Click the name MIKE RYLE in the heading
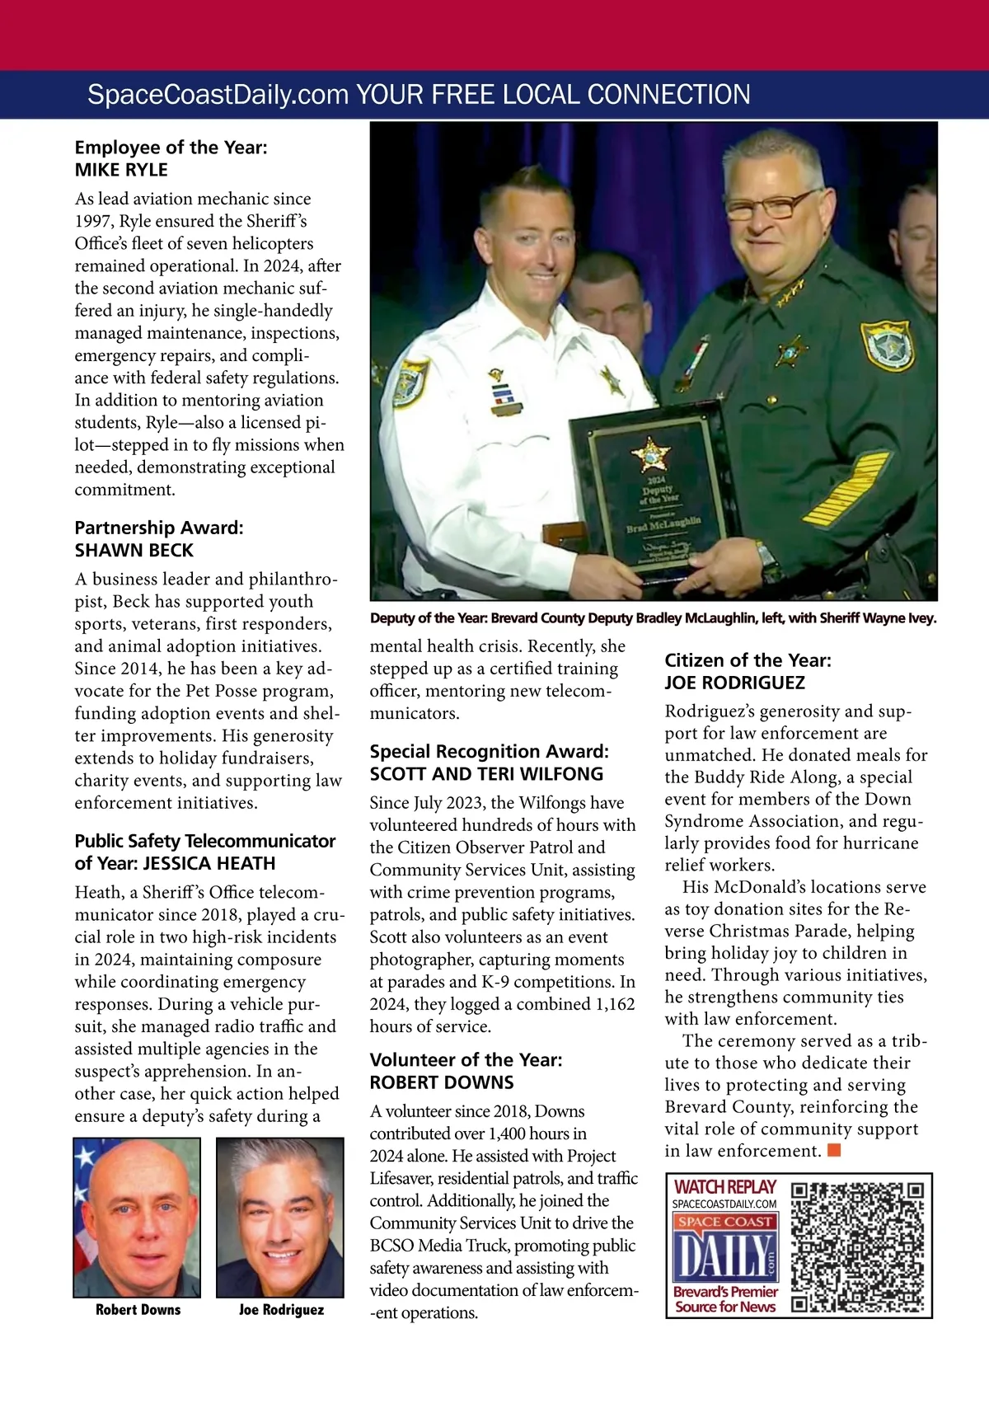tap(121, 170)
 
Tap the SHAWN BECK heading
tap(134, 550)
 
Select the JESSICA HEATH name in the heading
tap(209, 863)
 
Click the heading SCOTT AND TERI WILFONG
tap(486, 773)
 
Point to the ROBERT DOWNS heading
tap(442, 1082)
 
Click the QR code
tap(858, 1246)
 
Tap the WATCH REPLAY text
tap(725, 1187)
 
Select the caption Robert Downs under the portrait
tap(138, 1309)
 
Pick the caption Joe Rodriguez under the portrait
tap(281, 1309)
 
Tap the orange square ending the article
tap(834, 1150)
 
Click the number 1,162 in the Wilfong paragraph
tap(611, 1004)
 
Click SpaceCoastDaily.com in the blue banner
tap(218, 95)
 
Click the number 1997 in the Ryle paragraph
tap(95, 221)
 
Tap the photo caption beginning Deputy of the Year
tap(653, 617)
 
